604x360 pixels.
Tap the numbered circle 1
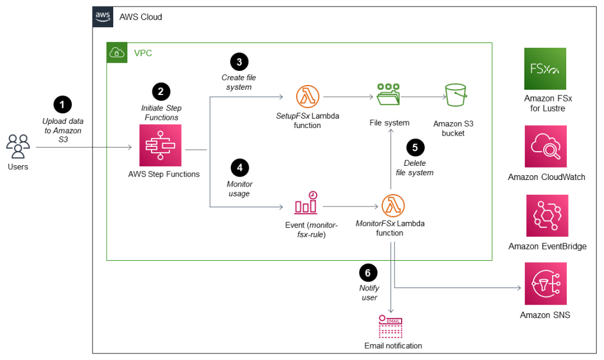(x=62, y=104)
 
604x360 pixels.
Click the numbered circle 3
(x=239, y=61)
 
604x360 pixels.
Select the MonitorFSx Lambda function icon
(x=392, y=206)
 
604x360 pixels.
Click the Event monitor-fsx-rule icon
(x=306, y=204)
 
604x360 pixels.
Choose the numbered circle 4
(x=239, y=168)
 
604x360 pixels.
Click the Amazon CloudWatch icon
(x=546, y=146)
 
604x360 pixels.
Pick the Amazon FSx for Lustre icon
(x=545, y=68)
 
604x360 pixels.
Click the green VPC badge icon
(x=116, y=53)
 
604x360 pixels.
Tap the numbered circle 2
(x=160, y=91)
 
